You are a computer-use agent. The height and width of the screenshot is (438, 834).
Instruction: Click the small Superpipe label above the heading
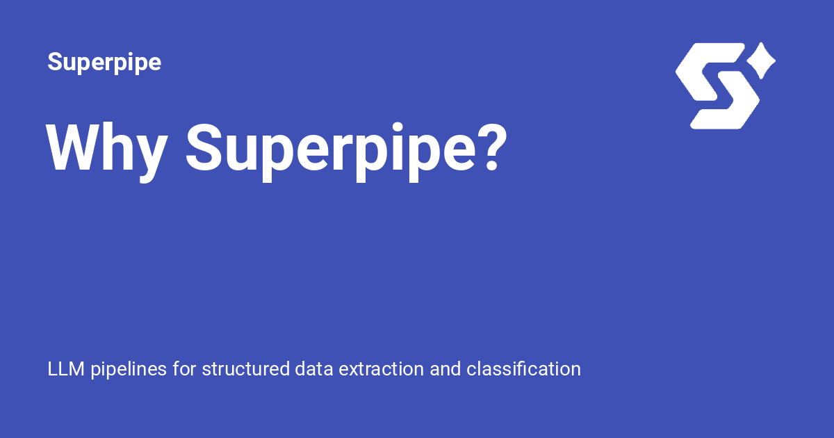coord(104,63)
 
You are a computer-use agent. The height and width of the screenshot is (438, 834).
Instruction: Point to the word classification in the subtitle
coord(523,368)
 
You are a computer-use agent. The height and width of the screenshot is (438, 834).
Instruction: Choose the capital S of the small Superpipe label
coord(55,63)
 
